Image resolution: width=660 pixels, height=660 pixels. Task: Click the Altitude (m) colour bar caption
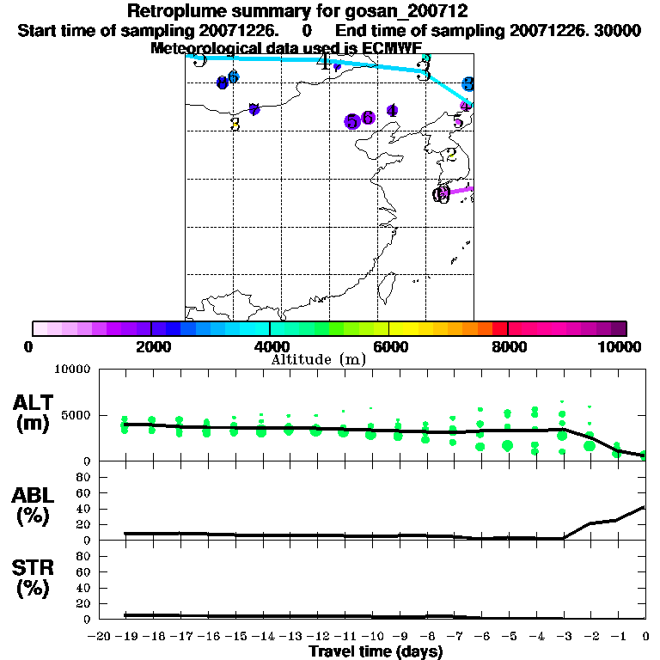coord(318,358)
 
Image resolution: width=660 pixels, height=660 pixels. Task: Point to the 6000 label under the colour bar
coord(390,346)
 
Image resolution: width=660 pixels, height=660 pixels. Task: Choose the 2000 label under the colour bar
coord(151,346)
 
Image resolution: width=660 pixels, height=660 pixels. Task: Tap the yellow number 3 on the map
coord(235,124)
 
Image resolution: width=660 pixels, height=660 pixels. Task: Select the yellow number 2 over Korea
coord(451,156)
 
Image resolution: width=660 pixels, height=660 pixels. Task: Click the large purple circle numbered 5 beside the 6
coord(351,122)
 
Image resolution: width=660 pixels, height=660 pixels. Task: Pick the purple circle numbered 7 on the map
coord(254,109)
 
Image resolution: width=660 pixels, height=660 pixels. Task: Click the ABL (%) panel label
coord(34,506)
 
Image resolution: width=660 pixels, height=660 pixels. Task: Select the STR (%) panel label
coord(34,577)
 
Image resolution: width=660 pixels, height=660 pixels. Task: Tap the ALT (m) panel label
coord(34,413)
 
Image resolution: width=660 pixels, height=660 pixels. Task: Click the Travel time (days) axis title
coord(376,651)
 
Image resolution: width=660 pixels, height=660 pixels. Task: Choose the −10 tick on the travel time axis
coord(370,636)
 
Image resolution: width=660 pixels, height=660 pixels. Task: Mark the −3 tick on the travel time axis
coord(562,636)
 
